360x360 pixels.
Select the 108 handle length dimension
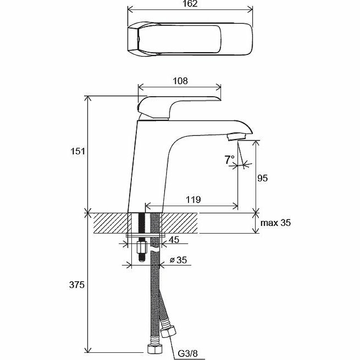(x=180, y=81)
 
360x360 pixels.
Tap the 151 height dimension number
(x=78, y=152)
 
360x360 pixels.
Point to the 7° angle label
(x=229, y=159)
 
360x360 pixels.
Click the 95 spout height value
(x=262, y=178)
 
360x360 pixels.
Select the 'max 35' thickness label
(x=276, y=223)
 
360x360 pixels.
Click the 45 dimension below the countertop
(x=175, y=240)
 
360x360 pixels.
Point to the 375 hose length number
(x=78, y=285)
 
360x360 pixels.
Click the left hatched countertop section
(x=111, y=223)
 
